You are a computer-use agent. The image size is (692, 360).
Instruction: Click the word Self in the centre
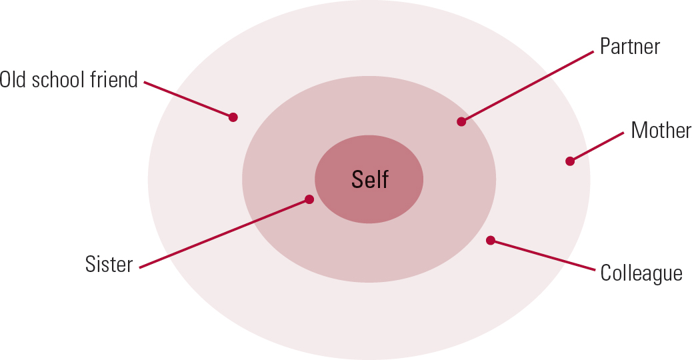point(369,179)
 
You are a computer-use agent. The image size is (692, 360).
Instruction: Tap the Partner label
point(629,47)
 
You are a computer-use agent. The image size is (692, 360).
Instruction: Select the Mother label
point(661,130)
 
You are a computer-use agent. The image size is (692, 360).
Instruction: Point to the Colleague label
point(641,273)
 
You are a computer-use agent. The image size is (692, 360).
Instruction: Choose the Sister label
point(109,264)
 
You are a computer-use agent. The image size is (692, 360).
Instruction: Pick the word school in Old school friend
point(60,80)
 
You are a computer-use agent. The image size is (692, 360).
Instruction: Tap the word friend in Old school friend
point(116,80)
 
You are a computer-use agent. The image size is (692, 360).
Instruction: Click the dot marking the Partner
point(461,121)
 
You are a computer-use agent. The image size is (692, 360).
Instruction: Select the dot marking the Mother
point(570,161)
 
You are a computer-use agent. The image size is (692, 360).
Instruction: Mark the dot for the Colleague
point(491,240)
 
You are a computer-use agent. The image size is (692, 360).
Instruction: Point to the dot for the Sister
point(309,199)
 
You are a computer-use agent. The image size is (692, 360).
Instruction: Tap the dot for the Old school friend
point(233,117)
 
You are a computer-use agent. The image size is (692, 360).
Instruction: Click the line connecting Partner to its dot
point(527,87)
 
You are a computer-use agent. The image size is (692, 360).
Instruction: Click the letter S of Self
point(357,179)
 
